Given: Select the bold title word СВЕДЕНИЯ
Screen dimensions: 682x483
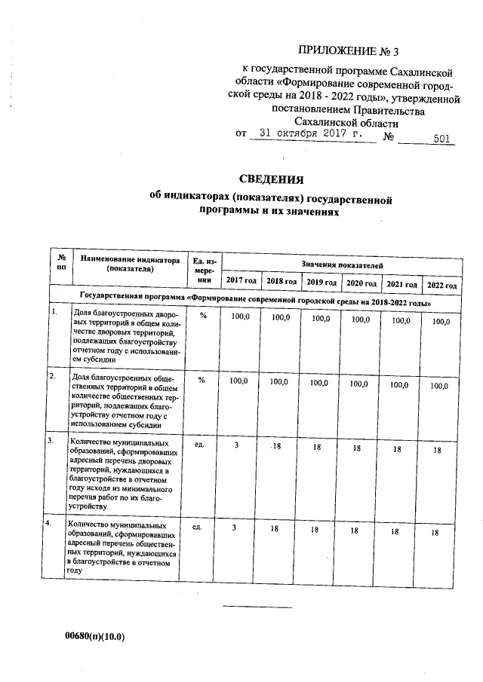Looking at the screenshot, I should [271, 179].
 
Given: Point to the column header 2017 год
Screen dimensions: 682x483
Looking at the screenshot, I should [241, 281].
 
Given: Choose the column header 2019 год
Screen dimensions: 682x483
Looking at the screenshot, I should [321, 283].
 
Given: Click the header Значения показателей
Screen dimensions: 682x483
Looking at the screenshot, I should [342, 265].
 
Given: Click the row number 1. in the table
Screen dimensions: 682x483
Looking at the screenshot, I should [54, 310].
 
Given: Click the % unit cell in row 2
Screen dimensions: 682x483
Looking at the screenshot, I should [202, 381].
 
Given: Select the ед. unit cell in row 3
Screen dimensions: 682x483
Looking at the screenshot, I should [200, 445].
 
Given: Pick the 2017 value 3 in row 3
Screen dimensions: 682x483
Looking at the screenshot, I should [236, 446].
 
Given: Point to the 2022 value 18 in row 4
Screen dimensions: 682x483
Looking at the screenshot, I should [435, 533].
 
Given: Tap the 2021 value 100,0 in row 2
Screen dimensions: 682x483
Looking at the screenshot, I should [398, 384].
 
